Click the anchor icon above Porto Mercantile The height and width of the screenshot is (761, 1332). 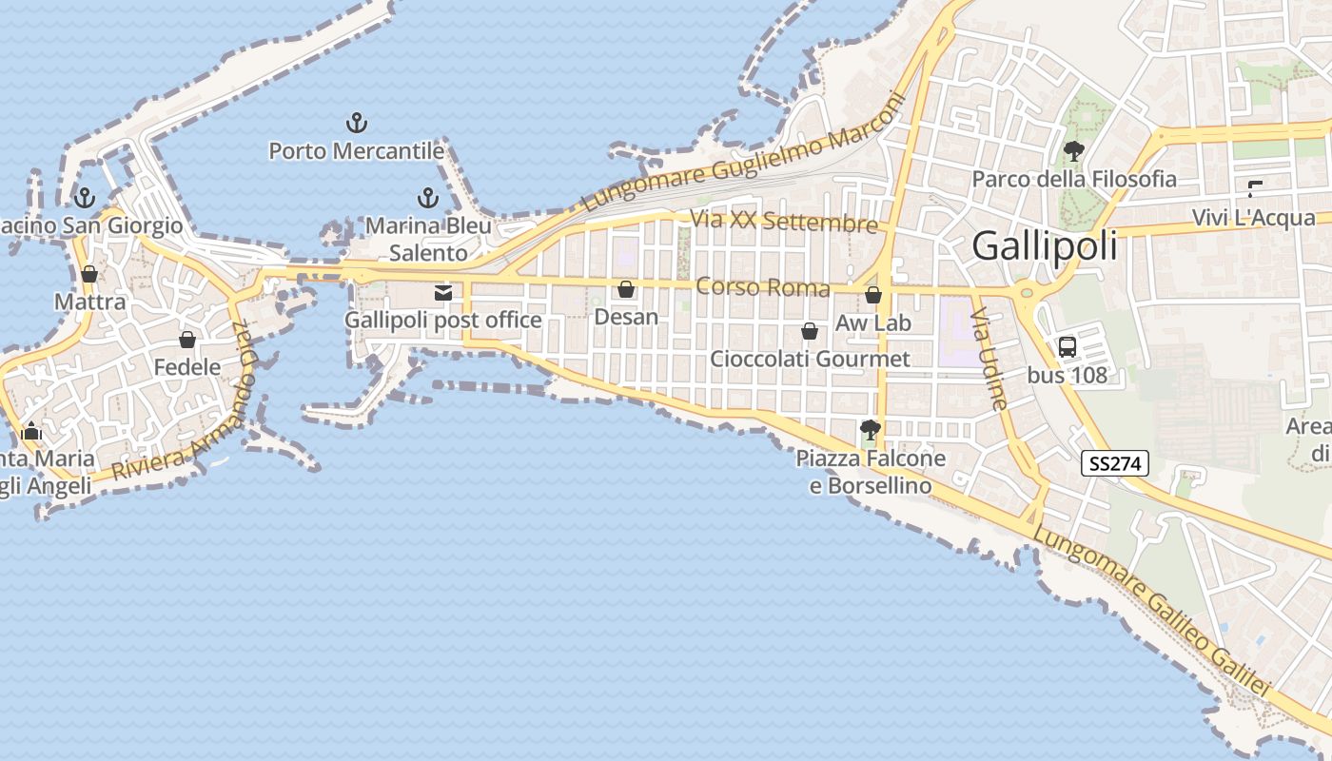[x=356, y=123]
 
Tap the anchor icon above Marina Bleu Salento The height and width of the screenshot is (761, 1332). [x=428, y=198]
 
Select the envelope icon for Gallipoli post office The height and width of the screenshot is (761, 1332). [x=443, y=293]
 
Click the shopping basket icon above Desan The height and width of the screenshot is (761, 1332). [x=626, y=289]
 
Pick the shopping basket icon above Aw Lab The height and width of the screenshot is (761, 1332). [x=873, y=295]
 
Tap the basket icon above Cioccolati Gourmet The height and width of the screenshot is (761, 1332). [x=810, y=331]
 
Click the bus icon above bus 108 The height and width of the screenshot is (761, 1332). [x=1068, y=347]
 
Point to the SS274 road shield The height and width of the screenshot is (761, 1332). [x=1115, y=464]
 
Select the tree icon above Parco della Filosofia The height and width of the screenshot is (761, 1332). [x=1074, y=150]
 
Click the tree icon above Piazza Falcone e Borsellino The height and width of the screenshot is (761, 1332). [x=870, y=430]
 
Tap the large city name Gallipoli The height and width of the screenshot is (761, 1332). [x=1044, y=247]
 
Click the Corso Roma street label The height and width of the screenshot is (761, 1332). [x=763, y=286]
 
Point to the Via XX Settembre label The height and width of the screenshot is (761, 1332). [x=784, y=222]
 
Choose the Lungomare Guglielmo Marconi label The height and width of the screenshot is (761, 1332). [x=742, y=152]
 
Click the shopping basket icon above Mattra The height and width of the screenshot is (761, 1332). [x=89, y=275]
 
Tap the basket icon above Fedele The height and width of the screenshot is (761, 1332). [x=187, y=340]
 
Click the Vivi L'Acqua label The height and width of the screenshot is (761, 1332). [x=1254, y=218]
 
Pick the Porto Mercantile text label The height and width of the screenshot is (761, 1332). [x=356, y=151]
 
